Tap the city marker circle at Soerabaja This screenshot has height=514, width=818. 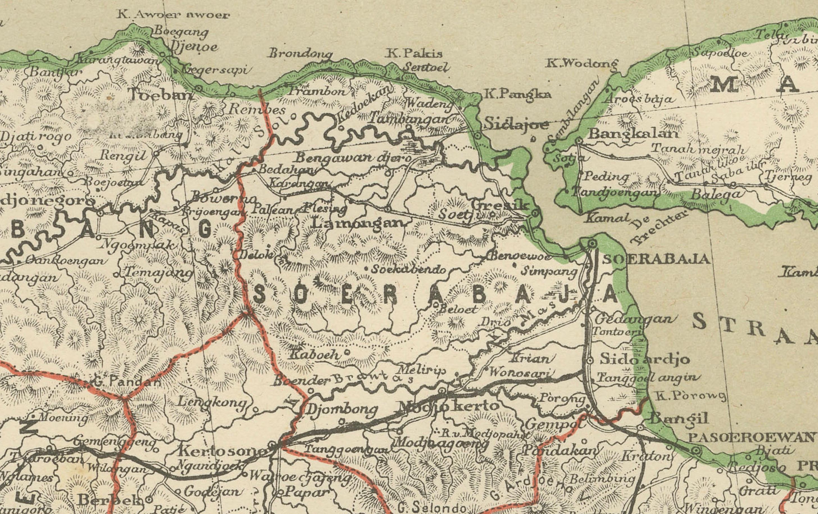tap(592, 243)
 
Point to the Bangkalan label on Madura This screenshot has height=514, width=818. tap(633, 133)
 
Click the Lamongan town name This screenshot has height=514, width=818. tap(358, 223)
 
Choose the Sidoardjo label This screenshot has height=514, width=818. tap(645, 359)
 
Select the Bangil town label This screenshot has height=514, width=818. tap(679, 419)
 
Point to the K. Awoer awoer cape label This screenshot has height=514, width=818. tap(173, 15)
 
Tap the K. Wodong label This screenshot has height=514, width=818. tap(582, 63)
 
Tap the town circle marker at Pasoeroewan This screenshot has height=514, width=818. tap(696, 451)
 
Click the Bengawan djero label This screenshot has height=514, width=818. tap(353, 158)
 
